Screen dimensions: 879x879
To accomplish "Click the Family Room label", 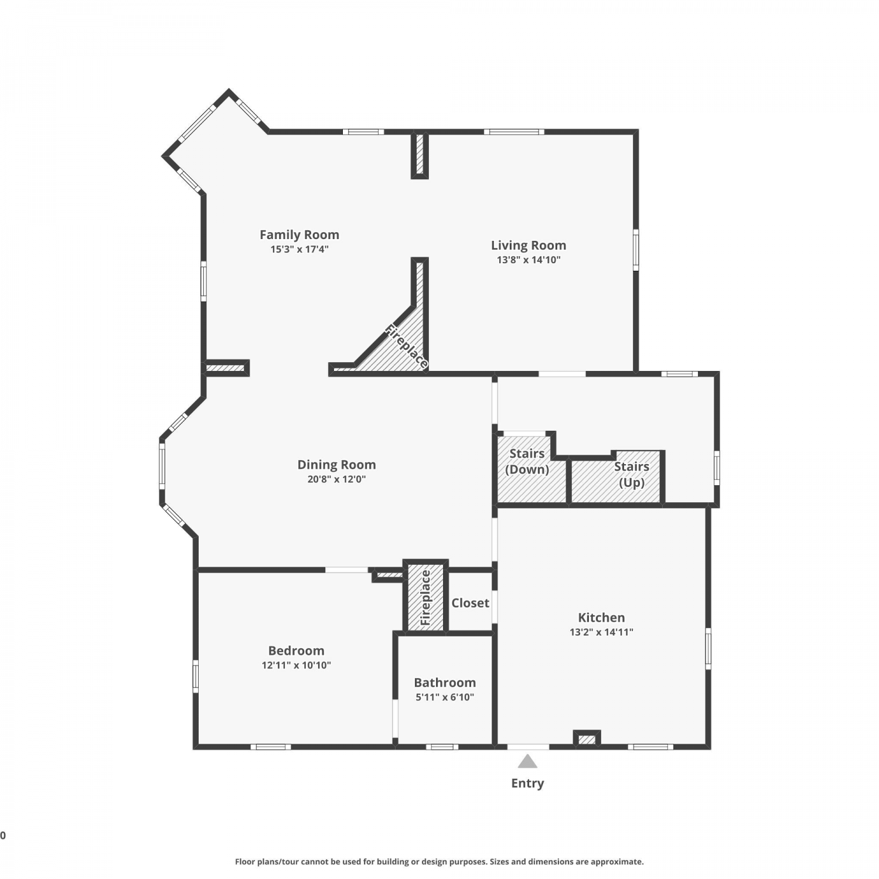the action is (299, 235).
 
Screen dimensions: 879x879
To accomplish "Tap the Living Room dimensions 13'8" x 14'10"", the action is (529, 260).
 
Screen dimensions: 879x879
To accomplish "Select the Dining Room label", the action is (336, 465).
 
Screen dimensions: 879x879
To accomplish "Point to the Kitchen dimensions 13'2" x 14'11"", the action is (601, 632).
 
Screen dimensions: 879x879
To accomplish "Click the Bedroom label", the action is (296, 650).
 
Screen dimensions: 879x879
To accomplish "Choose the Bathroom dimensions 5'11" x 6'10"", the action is (445, 697).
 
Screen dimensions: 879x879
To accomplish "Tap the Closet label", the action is (470, 603).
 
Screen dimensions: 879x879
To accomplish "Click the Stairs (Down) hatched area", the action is (531, 469).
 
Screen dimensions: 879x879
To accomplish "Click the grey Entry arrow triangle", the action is (527, 761).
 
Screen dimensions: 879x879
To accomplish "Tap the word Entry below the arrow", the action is (527, 783).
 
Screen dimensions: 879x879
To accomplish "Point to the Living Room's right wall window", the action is (636, 250).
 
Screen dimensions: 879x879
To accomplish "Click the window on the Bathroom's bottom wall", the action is (442, 747).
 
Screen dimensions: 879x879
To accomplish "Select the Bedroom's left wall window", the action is (196, 676).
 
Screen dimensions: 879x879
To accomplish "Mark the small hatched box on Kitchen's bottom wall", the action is (587, 738).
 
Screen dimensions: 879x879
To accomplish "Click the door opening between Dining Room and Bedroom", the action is (346, 570).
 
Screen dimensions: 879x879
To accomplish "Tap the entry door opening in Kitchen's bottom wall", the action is (528, 747).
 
